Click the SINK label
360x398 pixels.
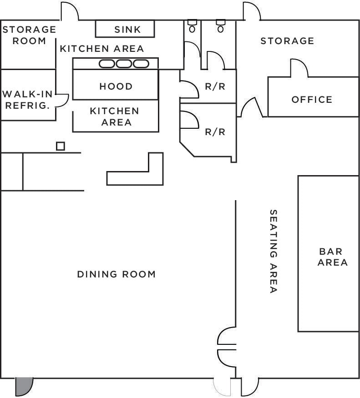pos(127,30)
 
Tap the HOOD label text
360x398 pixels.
pos(116,86)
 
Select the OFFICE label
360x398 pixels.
pos(312,100)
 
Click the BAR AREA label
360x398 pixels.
pos(332,257)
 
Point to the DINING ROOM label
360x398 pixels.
pos(116,274)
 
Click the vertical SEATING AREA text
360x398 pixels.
pos(273,251)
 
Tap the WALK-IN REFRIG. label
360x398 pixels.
pos(28,100)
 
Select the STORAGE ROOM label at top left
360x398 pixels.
pos(29,35)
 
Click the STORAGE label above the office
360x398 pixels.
pos(287,41)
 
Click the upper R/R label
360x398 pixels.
pos(215,86)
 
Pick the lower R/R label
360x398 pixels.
pos(215,132)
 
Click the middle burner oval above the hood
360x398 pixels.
pos(124,64)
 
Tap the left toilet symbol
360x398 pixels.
pos(192,26)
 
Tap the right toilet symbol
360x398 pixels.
pos(221,26)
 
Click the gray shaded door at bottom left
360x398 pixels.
pos(24,387)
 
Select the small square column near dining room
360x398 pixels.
pos(60,146)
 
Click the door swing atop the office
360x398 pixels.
pos(299,69)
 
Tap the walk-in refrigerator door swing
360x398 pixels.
pos(62,100)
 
